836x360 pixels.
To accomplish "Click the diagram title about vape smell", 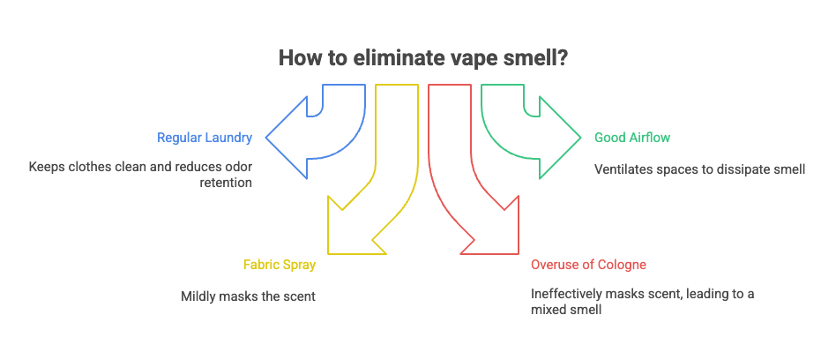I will click(423, 57).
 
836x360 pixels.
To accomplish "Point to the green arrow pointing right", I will click(551, 137).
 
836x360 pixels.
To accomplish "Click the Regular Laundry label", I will click(205, 138).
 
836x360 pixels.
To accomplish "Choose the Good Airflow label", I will click(631, 138).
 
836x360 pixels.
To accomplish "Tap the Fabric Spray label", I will click(279, 265).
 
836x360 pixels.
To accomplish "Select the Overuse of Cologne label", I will click(588, 265).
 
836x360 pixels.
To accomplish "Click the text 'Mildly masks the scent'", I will click(248, 296).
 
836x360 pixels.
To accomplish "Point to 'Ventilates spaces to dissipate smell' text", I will click(699, 168).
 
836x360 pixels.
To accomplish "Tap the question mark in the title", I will click(562, 57).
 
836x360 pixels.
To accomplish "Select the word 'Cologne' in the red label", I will click(623, 265).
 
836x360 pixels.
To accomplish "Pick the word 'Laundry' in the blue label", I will click(229, 138).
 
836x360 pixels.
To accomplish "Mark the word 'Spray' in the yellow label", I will click(298, 265).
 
